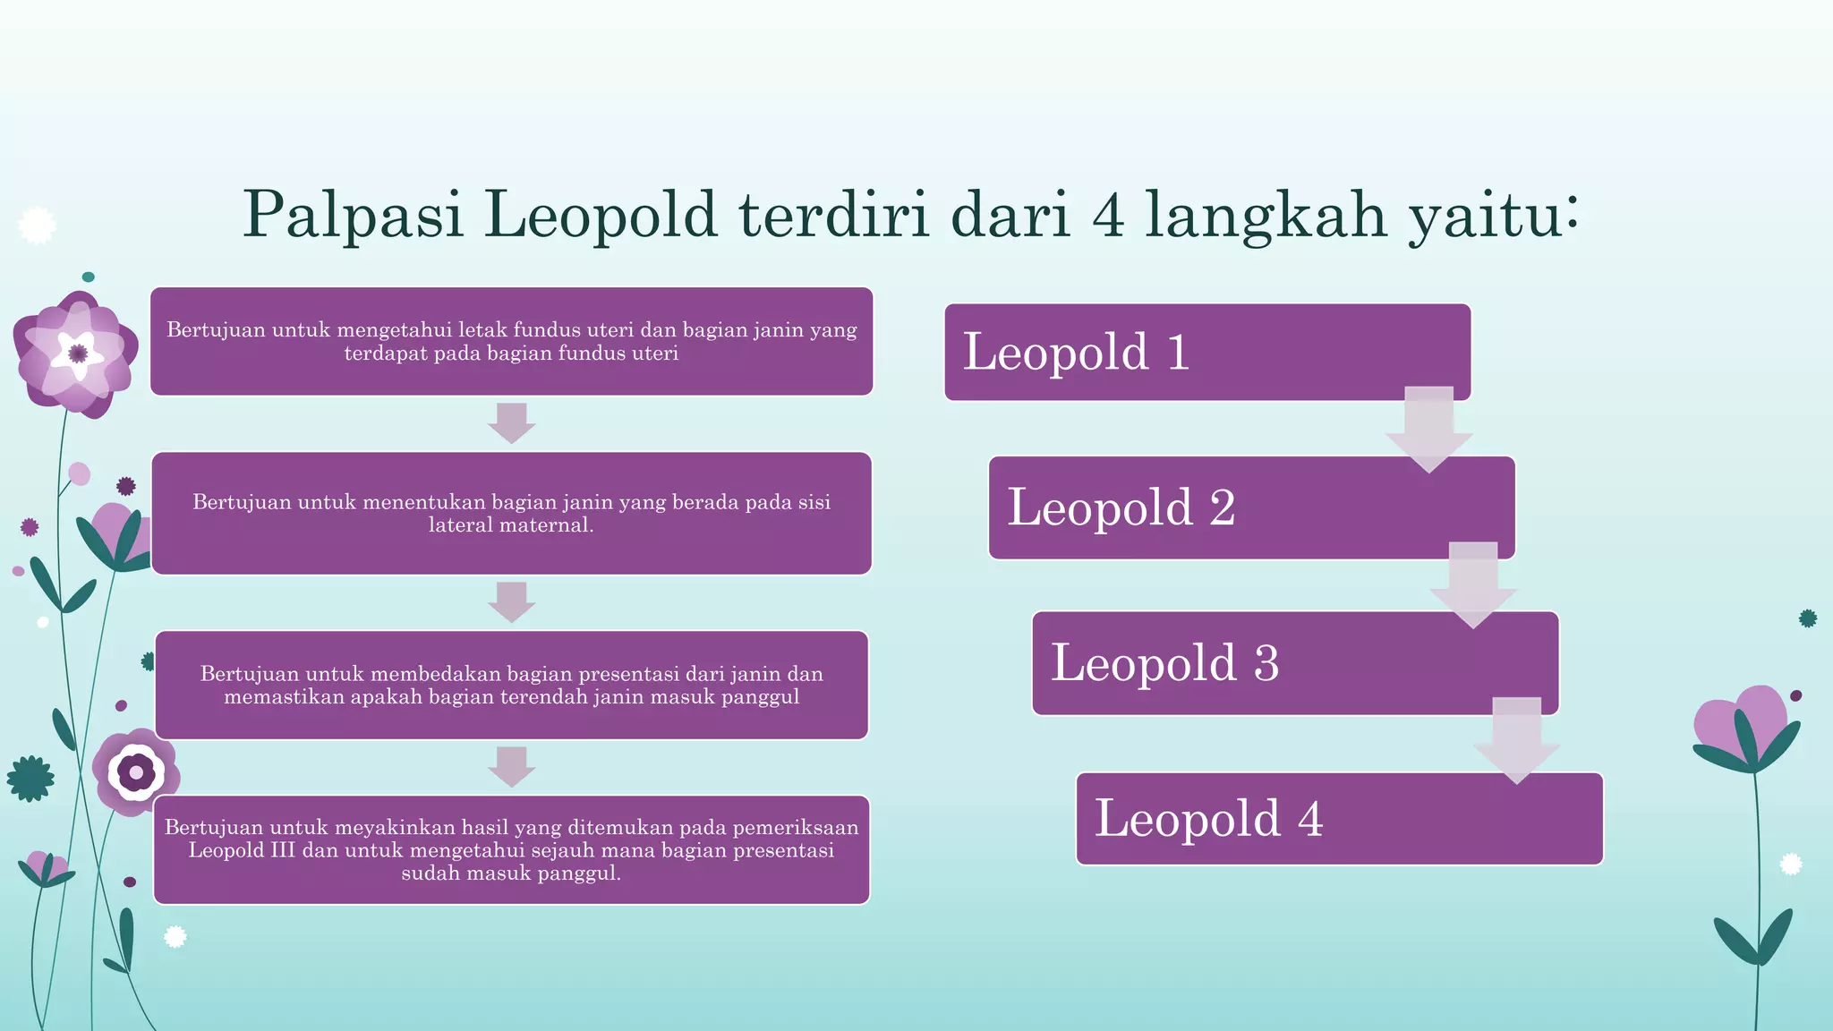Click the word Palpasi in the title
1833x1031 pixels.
tap(354, 215)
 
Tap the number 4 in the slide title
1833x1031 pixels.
tap(1108, 215)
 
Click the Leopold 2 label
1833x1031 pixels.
tap(1121, 507)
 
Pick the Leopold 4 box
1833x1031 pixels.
tap(1338, 819)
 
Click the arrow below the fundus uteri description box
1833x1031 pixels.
tap(511, 423)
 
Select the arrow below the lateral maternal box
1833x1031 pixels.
tap(511, 602)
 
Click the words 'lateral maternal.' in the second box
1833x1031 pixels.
tap(511, 525)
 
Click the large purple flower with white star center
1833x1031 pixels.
tap(77, 354)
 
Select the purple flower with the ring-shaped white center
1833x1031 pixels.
tap(136, 771)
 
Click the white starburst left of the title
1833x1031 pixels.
tap(37, 226)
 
